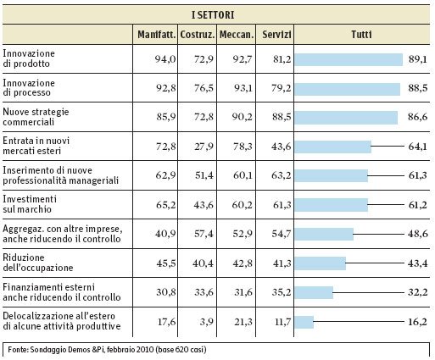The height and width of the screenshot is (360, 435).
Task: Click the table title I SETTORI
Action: [213, 14]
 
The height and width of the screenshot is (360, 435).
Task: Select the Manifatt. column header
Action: [157, 35]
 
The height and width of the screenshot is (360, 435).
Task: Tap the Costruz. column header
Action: [198, 35]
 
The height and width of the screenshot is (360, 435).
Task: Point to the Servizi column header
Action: [276, 35]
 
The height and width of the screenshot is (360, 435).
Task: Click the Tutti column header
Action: [361, 35]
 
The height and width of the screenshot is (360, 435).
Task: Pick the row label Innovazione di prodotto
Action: [29, 58]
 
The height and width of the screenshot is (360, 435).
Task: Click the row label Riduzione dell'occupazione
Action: [38, 263]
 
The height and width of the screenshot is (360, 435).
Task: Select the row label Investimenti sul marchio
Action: [30, 204]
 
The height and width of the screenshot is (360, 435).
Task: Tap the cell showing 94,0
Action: [165, 59]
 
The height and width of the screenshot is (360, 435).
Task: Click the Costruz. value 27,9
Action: [204, 147]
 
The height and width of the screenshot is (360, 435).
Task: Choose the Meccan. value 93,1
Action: [243, 88]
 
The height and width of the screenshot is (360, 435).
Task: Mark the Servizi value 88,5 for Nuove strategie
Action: [282, 117]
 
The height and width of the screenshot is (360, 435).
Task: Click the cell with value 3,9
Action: [207, 322]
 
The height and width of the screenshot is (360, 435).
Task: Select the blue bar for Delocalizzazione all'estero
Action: [304, 322]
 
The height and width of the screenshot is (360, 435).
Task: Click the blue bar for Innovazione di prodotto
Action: [349, 59]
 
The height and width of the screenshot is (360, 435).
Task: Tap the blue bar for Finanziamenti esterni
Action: [314, 292]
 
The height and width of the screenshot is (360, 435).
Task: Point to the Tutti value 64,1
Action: [417, 147]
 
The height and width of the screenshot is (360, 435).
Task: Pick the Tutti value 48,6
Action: [417, 234]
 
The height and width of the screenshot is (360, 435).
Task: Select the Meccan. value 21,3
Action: [243, 322]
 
